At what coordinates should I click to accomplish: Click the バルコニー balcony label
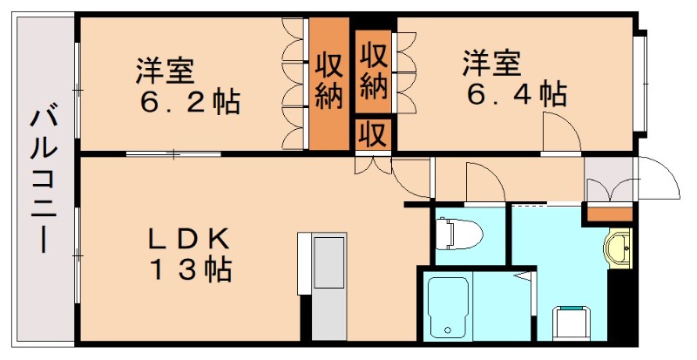[x=42, y=179]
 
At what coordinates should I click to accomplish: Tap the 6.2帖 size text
[x=191, y=102]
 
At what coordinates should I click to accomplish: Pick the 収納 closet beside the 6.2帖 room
[x=328, y=81]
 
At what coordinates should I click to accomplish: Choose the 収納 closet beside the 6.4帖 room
[x=374, y=70]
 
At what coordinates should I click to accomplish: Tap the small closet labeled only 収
[x=374, y=135]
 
